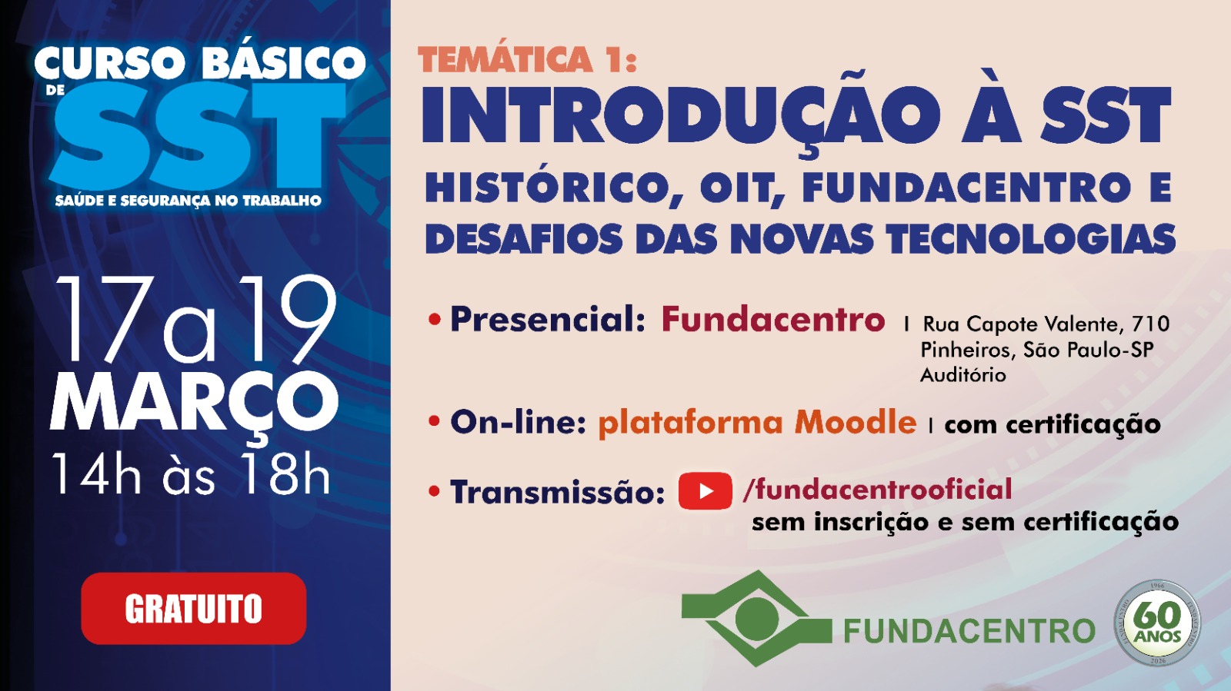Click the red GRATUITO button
coord(193,608)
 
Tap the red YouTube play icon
coord(705,491)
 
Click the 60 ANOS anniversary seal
coord(1157,622)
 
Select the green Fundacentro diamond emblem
coord(756,617)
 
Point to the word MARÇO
coord(194,403)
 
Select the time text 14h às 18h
coord(191,473)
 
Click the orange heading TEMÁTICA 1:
coord(528,60)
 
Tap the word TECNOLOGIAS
coord(1031,239)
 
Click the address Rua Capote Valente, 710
coord(1046,324)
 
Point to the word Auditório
coord(963,375)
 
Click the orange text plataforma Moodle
coord(757,423)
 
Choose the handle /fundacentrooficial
coord(877,490)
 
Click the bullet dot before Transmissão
coord(435,491)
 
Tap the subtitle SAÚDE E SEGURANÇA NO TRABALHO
coord(188,201)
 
